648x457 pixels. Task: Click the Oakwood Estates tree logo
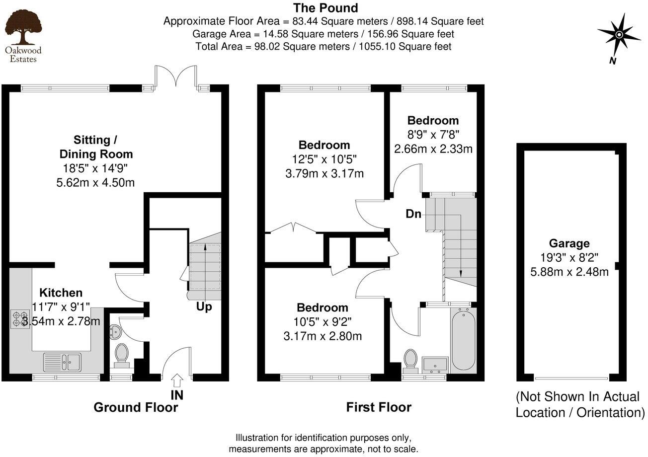(x=23, y=29)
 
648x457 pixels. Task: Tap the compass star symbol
(x=619, y=35)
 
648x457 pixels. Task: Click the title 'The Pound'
(x=325, y=8)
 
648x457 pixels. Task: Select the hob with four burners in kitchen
(x=20, y=319)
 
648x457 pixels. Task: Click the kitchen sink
(x=62, y=362)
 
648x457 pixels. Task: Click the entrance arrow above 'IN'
(x=177, y=381)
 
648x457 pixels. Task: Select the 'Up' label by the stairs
(x=204, y=307)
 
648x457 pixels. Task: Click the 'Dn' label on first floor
(x=413, y=214)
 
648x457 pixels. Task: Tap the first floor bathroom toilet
(x=410, y=362)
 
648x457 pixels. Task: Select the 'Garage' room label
(x=569, y=243)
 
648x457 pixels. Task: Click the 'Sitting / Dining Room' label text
(x=96, y=147)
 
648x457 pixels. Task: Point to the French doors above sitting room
(x=175, y=76)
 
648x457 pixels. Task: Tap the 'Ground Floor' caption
(x=136, y=407)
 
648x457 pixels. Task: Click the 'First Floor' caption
(x=379, y=407)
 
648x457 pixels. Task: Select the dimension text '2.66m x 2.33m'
(x=433, y=149)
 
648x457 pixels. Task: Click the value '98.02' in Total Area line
(x=267, y=46)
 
